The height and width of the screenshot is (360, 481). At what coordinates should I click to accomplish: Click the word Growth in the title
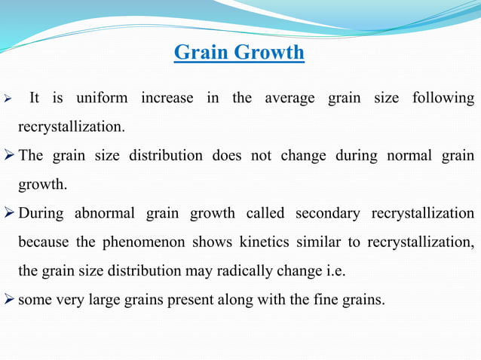click(x=269, y=53)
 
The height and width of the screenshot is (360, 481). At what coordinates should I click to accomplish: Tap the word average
click(x=290, y=98)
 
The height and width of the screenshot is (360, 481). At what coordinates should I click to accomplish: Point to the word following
click(x=443, y=98)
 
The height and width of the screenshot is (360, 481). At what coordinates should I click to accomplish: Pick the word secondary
click(x=326, y=213)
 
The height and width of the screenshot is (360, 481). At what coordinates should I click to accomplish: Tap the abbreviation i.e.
click(x=333, y=271)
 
